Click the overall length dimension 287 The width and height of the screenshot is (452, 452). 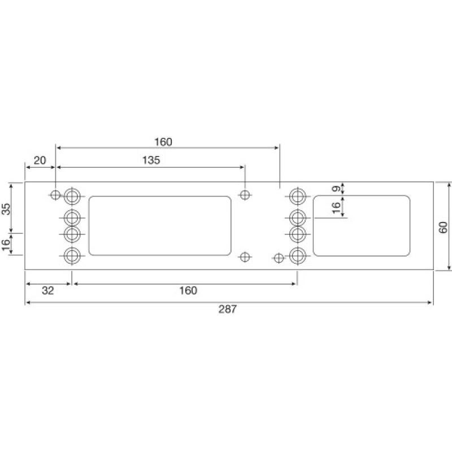pos(229,309)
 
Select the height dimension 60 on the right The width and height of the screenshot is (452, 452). pos(443,227)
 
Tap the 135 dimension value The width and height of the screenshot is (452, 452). pos(151,160)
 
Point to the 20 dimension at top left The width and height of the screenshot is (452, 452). pos(40,160)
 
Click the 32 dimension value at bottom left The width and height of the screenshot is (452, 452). pos(48,290)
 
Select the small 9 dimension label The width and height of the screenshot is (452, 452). pos(336,189)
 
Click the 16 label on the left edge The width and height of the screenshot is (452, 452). pos(6,246)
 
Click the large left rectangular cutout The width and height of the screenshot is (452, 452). pos(160,225)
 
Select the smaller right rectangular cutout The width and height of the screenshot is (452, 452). pos(362,225)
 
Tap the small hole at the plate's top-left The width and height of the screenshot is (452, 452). pos(55,195)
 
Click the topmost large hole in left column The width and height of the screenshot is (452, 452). pos(72,196)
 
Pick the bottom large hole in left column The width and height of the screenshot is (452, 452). pos(72,256)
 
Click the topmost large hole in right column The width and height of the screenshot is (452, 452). pos(298,196)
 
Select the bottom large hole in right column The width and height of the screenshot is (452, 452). pos(298,256)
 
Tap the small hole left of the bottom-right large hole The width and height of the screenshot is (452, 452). pos(278,258)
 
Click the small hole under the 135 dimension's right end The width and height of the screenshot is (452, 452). pos(245,195)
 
